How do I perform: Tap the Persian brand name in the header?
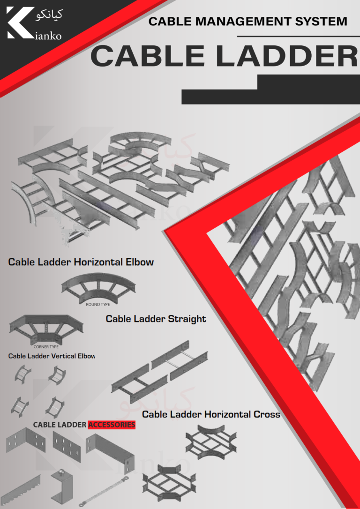(x=49, y=15)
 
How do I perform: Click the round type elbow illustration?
(x=98, y=288)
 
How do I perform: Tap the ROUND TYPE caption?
(x=97, y=305)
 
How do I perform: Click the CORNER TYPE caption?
(x=46, y=347)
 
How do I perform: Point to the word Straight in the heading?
(x=187, y=319)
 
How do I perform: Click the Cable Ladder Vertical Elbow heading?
(x=52, y=356)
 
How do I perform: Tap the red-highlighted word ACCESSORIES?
(x=112, y=425)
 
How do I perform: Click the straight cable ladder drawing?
(x=160, y=367)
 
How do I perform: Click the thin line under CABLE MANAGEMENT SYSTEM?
(x=298, y=37)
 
